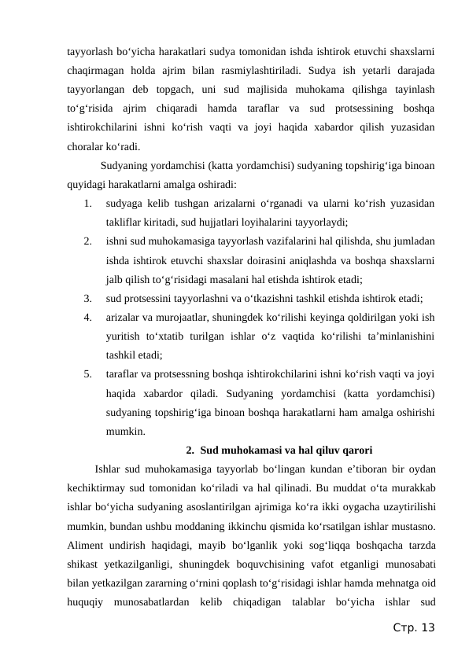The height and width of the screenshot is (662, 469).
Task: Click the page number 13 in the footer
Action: coord(427,627)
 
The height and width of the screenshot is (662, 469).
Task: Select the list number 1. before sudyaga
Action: coord(87,204)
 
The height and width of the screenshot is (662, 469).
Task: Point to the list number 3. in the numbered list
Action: coord(87,299)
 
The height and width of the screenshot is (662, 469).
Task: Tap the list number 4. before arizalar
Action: coord(87,318)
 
